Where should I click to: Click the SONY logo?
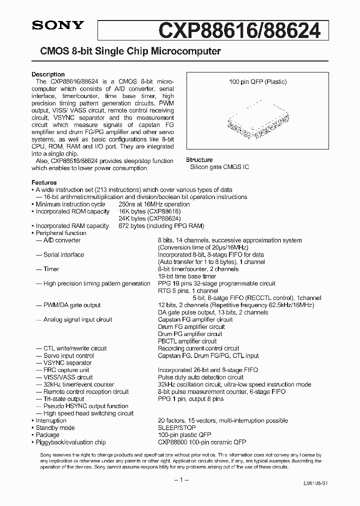[52, 26]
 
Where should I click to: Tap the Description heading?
[48, 74]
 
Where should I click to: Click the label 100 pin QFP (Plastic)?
[257, 82]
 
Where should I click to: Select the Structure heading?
[199, 160]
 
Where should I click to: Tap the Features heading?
[44, 182]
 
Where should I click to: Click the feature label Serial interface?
[63, 255]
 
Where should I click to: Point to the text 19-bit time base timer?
[187, 276]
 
